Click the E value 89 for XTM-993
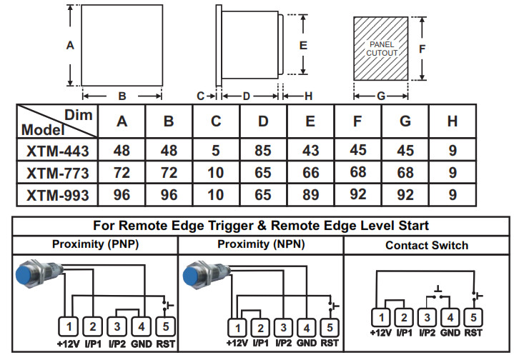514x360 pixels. (310, 194)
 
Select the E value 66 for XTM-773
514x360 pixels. (310, 172)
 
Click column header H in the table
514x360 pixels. (452, 121)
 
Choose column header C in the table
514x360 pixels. (216, 121)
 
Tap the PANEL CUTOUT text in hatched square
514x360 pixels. (382, 49)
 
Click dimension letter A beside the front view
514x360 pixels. (70, 46)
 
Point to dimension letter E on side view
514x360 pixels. (303, 44)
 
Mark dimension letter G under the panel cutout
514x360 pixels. (381, 95)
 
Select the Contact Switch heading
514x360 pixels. (427, 245)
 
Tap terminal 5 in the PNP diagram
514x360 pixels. (164, 326)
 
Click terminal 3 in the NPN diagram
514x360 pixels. (283, 327)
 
